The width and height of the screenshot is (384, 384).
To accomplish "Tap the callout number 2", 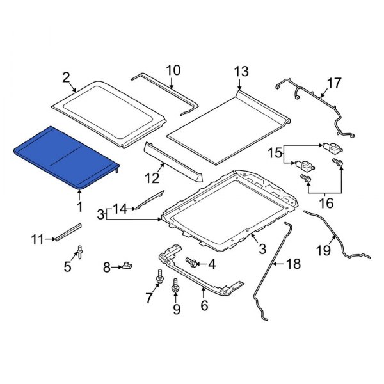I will tap(65, 77).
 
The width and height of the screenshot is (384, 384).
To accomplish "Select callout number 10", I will tap(173, 70).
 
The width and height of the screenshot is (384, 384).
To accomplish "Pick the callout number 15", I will tap(275, 152).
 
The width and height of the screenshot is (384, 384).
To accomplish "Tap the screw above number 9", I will tap(175, 292).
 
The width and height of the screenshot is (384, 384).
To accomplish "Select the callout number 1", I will tap(79, 206).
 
